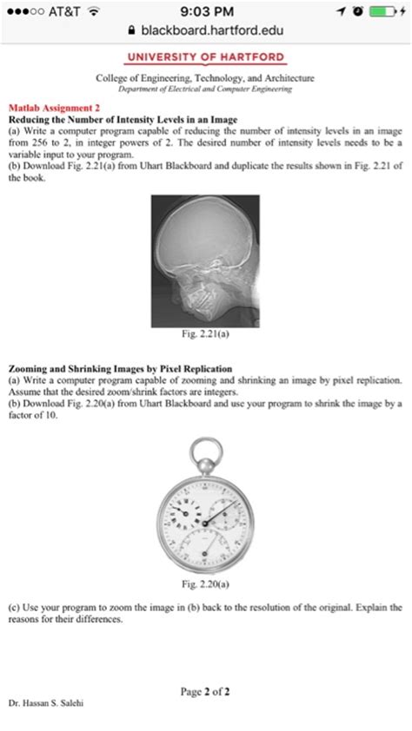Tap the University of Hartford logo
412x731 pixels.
[x=206, y=57]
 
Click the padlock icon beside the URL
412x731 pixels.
[x=132, y=30]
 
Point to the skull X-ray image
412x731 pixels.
[x=205, y=260]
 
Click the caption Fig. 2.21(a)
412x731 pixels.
[x=206, y=333]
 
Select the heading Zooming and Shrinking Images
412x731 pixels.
[x=108, y=369]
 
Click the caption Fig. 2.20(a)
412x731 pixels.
[x=206, y=583]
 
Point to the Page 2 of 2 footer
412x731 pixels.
[x=205, y=691]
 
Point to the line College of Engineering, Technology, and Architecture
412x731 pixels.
[x=206, y=78]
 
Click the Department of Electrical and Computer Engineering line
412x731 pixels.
[x=206, y=89]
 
